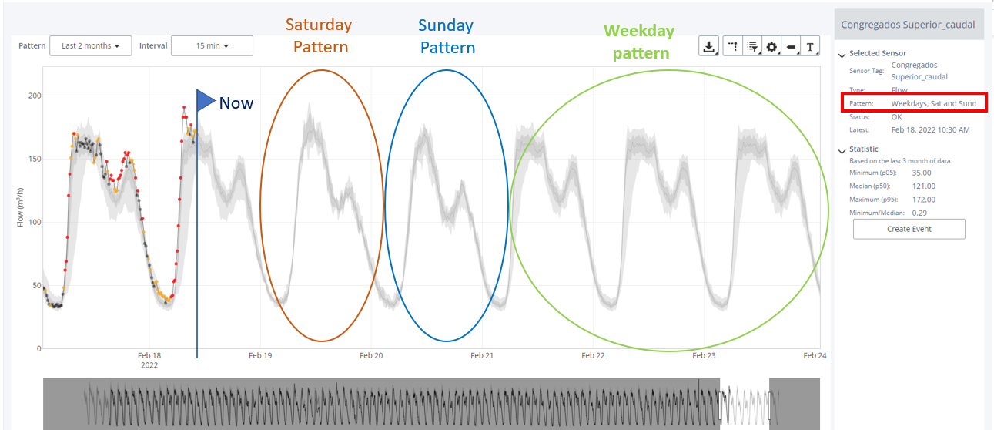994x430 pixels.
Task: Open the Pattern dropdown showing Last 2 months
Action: (x=91, y=45)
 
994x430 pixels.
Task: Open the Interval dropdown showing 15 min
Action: (x=212, y=45)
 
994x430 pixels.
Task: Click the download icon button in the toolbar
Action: (x=708, y=46)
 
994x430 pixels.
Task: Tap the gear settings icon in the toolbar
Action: (x=771, y=46)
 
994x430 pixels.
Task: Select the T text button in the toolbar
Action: (x=810, y=46)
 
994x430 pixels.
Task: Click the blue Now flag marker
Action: (x=206, y=100)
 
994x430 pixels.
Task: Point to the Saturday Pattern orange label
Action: (x=320, y=35)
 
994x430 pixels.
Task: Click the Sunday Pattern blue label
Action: (x=447, y=36)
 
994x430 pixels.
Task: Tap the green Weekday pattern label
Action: (x=640, y=42)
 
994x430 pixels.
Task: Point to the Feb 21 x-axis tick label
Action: (x=482, y=355)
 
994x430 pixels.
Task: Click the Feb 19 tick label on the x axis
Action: (x=260, y=355)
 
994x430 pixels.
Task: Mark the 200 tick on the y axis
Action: (x=35, y=96)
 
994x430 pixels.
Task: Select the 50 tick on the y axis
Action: (x=37, y=285)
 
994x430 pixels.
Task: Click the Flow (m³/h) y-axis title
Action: (x=20, y=207)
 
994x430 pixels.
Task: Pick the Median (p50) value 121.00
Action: (x=923, y=186)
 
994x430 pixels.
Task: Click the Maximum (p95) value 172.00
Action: (x=923, y=200)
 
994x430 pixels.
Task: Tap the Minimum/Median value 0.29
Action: (x=919, y=213)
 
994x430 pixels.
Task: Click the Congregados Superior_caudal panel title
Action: (x=908, y=25)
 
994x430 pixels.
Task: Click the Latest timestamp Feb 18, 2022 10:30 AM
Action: (x=931, y=129)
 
